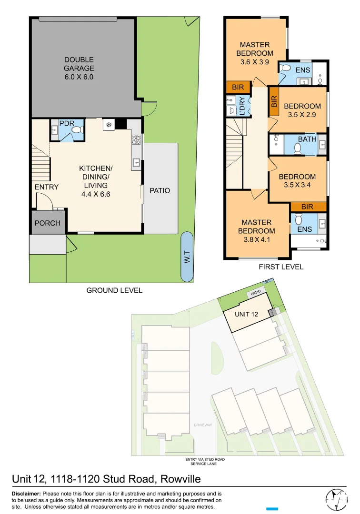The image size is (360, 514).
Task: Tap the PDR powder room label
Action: (x=66, y=123)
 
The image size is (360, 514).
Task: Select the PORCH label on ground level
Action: (x=48, y=223)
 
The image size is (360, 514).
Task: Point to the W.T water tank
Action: (x=187, y=257)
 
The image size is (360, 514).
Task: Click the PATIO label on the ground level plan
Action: (x=160, y=190)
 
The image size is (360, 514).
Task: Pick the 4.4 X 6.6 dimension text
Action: (x=95, y=194)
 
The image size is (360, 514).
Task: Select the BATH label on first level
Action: (x=307, y=139)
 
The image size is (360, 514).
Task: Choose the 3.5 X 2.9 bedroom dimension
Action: (x=302, y=114)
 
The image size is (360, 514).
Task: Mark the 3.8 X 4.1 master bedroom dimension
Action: (x=256, y=239)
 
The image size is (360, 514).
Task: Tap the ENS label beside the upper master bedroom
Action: (x=302, y=70)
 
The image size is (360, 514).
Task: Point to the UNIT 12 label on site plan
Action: (x=247, y=314)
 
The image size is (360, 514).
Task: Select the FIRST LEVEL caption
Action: (x=281, y=267)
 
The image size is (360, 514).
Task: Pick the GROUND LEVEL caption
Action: (x=114, y=290)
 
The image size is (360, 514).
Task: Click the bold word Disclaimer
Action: (x=26, y=494)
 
